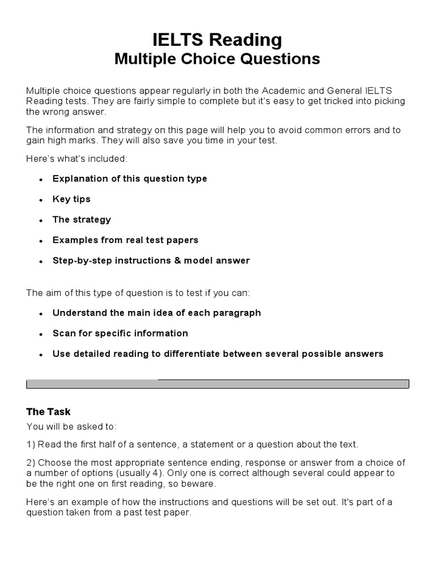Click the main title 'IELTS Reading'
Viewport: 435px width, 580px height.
pyautogui.click(x=217, y=40)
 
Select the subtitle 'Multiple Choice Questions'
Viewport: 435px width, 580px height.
pyautogui.click(x=217, y=59)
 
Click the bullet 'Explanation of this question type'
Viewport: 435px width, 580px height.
pyautogui.click(x=130, y=178)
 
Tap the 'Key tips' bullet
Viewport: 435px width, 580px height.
pyautogui.click(x=71, y=199)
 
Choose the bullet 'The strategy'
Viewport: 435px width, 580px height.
pyautogui.click(x=82, y=219)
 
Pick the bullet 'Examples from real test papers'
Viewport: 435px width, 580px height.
pyautogui.click(x=125, y=240)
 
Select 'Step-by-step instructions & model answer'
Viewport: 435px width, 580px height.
pyautogui.click(x=151, y=261)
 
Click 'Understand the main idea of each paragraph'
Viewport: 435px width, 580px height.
pyautogui.click(x=156, y=313)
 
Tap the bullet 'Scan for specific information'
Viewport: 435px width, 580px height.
pyautogui.click(x=120, y=333)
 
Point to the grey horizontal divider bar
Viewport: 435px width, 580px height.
pyautogui.click(x=217, y=384)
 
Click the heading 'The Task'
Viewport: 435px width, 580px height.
pyautogui.click(x=48, y=412)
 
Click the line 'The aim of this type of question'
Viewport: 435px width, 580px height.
pyautogui.click(x=138, y=292)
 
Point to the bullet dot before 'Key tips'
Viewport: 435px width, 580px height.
pyautogui.click(x=41, y=200)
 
